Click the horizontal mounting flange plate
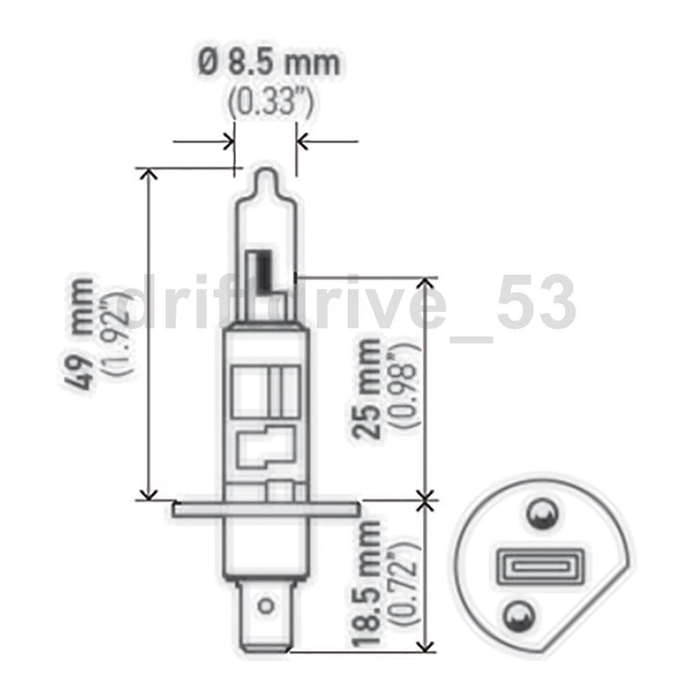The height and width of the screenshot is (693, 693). coord(266,510)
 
